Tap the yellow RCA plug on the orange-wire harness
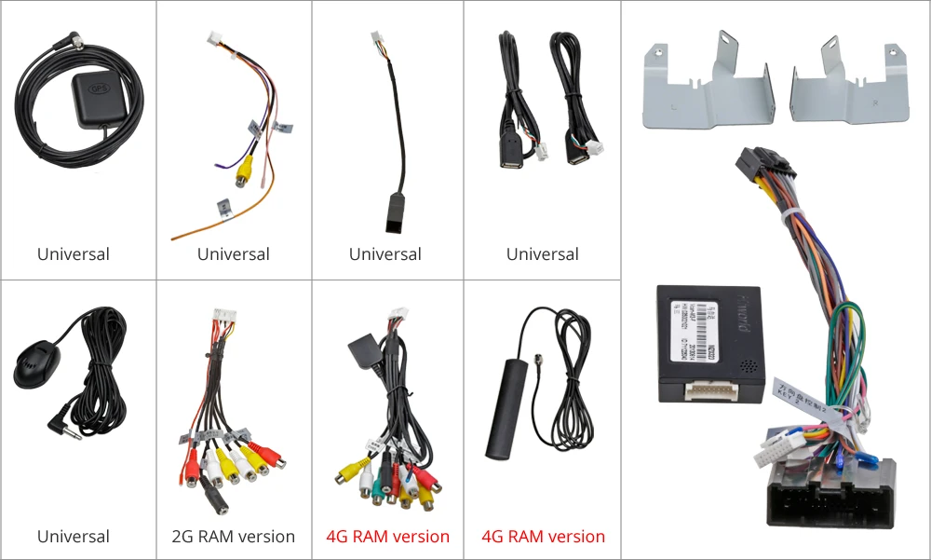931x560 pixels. coord(244,171)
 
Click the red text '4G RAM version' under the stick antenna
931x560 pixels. coord(543,537)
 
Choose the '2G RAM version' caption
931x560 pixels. coord(234,537)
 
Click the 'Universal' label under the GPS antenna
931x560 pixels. coord(74,254)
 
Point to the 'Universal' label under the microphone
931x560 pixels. coord(74,537)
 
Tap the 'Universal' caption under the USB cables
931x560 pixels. coord(543,254)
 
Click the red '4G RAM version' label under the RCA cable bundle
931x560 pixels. coord(387,537)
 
